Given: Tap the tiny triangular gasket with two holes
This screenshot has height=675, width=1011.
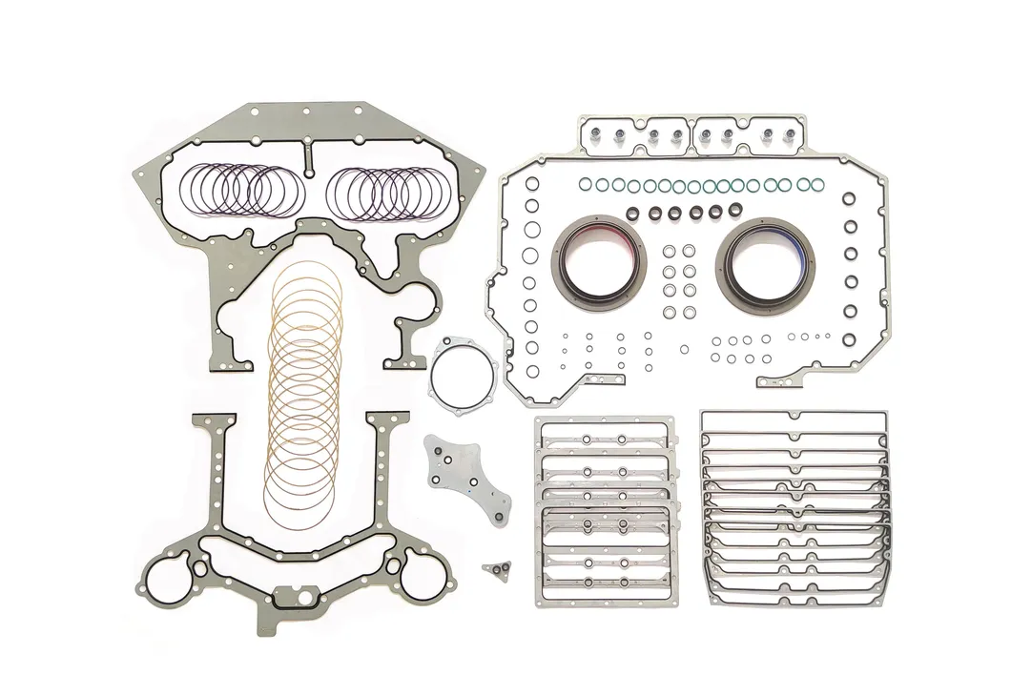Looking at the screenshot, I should pyautogui.click(x=495, y=569).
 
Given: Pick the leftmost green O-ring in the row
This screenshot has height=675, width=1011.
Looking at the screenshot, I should pyautogui.click(x=586, y=183).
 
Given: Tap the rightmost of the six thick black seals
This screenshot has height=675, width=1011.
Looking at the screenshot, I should pyautogui.click(x=735, y=210).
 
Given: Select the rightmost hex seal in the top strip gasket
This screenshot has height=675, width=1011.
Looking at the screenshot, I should pyautogui.click(x=790, y=136).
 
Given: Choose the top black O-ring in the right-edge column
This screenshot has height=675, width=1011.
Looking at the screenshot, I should pyautogui.click(x=849, y=198).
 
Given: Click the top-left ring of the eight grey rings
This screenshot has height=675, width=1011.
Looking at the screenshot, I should pyautogui.click(x=669, y=253).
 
